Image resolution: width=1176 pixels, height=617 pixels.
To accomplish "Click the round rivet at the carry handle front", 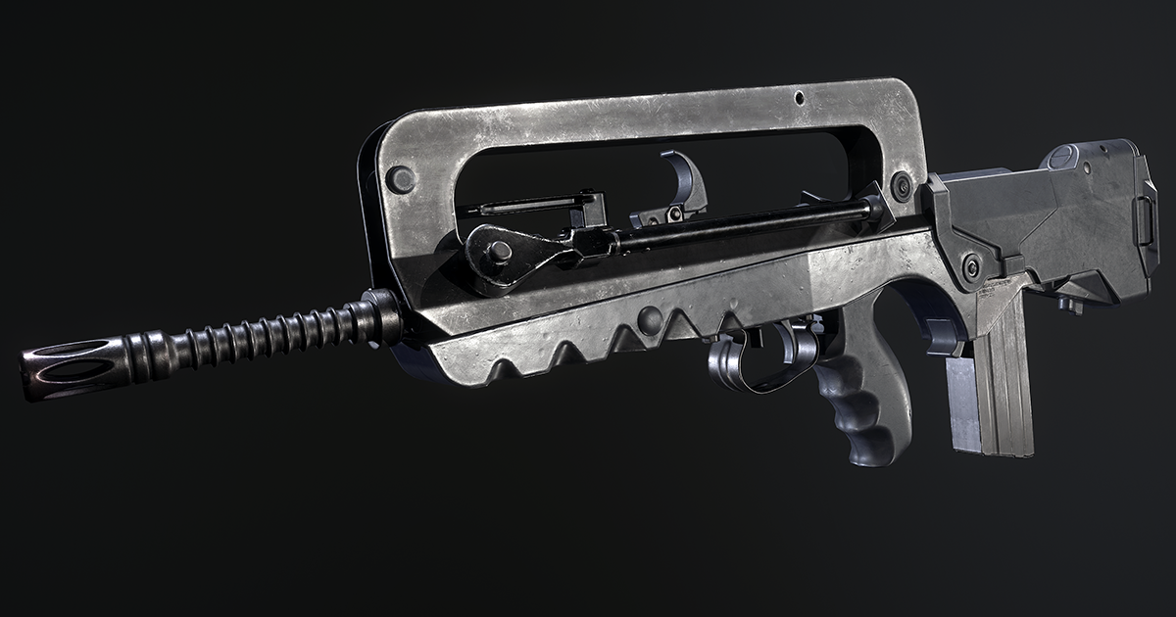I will pos(400,179).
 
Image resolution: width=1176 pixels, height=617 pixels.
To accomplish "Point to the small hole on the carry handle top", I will pos(799,98).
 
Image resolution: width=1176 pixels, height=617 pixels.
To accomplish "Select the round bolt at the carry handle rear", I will pos(901,185).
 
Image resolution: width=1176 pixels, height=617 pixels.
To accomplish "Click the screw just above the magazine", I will pos(972,267).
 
